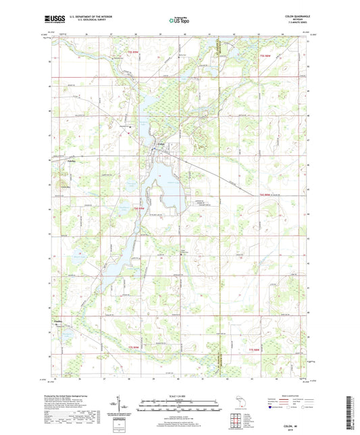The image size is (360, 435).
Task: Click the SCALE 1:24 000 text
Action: point(180,395)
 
